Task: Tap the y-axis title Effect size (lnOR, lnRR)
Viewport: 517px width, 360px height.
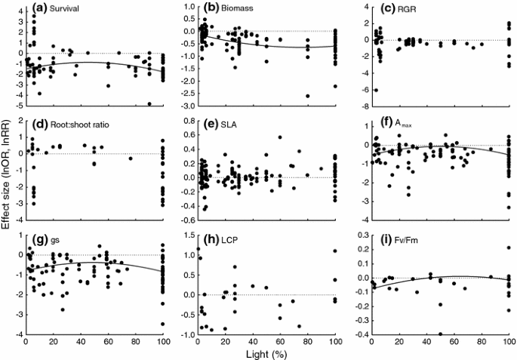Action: point(7,177)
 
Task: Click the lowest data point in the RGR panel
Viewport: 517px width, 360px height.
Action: point(376,90)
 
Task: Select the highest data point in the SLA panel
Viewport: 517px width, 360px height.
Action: point(280,137)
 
